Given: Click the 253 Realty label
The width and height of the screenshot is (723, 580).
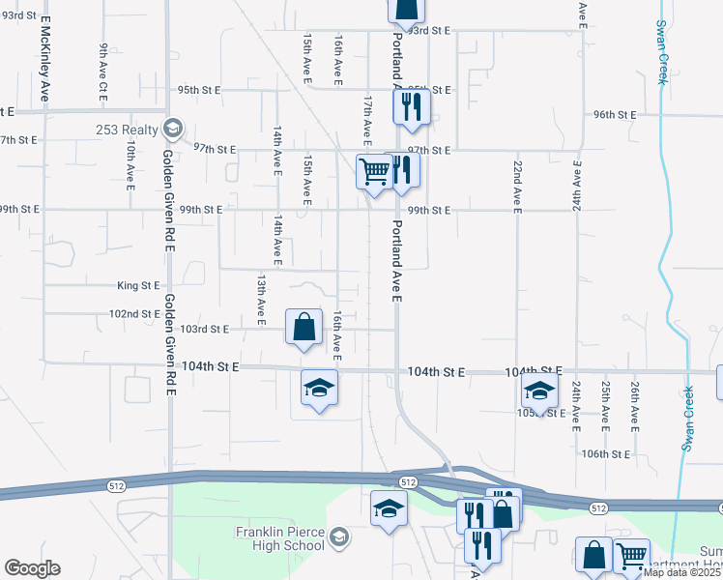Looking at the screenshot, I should pos(127,129).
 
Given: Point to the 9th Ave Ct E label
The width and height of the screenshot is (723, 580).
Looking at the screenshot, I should pos(102,72).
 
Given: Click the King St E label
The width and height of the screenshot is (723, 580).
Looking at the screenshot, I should pos(137,285).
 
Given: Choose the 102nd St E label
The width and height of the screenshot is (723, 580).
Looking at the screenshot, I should pos(134,314).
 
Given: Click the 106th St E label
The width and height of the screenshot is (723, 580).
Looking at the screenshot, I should pos(606,453).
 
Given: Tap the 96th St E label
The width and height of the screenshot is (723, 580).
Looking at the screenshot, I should pos(615,114).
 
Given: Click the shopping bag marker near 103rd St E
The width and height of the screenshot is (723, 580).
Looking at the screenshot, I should pos(304,326).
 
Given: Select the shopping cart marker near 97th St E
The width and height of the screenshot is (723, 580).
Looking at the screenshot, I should pos(374,171).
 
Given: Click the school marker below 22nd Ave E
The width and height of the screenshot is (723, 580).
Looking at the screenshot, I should pos(539,390).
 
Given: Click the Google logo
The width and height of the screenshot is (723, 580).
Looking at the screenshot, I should pos(32,568).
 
